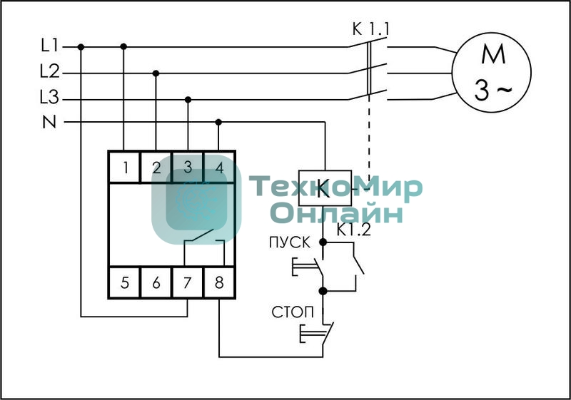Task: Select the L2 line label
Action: [x=49, y=71]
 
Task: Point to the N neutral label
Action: [x=49, y=122]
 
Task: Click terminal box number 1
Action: [x=125, y=168]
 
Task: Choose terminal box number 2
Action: [x=156, y=168]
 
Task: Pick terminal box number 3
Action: [x=188, y=168]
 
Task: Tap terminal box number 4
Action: [x=219, y=168]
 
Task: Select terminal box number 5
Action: [x=125, y=282]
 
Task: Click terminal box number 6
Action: [x=156, y=282]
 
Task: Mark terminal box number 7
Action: [x=188, y=282]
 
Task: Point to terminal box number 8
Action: [x=219, y=282]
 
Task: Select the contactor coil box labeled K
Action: [x=324, y=188]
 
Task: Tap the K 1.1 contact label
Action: [x=370, y=29]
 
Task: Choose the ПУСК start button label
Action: [x=290, y=242]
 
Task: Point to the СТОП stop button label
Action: [x=290, y=312]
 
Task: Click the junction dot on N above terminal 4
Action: [x=219, y=122]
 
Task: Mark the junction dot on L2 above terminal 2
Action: [x=156, y=72]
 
